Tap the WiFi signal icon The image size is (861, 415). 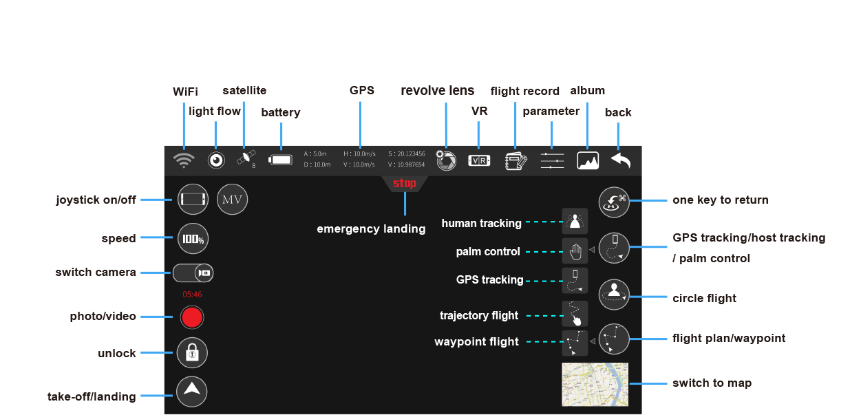coord(183,160)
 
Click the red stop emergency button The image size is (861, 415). coord(405,184)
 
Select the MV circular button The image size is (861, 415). coord(233,200)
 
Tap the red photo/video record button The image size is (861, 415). coord(192,317)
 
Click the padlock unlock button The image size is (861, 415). coord(192,353)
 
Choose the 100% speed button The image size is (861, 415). coord(193,239)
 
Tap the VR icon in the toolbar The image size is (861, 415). coord(479,160)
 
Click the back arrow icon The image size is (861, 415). coord(620,160)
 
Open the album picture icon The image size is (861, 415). coord(587,160)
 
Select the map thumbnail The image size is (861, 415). coord(595,384)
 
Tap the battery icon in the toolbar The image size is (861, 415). coord(280,160)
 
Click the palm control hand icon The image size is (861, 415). coord(575,251)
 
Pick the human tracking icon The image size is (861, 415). coord(575,222)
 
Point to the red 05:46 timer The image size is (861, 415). coord(192,294)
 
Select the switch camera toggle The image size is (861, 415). coord(193,273)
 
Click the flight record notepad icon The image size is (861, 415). coord(516,160)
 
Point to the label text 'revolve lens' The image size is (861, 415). coord(437,91)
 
